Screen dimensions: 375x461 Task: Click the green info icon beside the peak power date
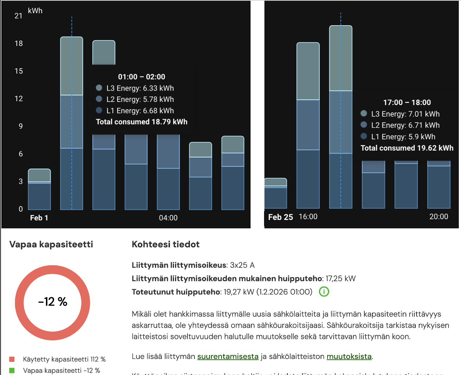(324, 292)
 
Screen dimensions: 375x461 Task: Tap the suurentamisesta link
(228, 356)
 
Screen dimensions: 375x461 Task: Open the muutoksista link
(349, 356)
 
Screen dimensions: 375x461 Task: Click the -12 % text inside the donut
(53, 302)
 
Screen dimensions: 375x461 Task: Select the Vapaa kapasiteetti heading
(51, 244)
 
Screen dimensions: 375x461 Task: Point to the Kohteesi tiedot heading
(166, 244)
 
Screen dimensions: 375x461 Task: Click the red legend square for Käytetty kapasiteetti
(12, 359)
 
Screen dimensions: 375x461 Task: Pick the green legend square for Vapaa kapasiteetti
(12, 371)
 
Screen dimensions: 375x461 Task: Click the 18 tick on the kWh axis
(19, 43)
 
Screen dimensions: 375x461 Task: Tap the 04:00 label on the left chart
(168, 218)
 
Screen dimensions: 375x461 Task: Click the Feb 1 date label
(39, 218)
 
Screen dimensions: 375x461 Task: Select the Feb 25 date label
(280, 217)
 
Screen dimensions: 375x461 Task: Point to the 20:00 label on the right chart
(439, 217)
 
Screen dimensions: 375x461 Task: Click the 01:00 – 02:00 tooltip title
(142, 77)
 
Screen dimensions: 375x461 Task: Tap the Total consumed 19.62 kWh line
(407, 148)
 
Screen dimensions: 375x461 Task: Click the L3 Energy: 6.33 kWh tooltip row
(140, 88)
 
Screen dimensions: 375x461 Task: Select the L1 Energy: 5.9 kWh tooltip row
(403, 137)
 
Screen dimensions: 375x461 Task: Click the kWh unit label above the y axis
(35, 11)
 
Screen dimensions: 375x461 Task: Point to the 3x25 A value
(242, 265)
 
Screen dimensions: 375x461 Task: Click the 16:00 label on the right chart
(308, 217)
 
